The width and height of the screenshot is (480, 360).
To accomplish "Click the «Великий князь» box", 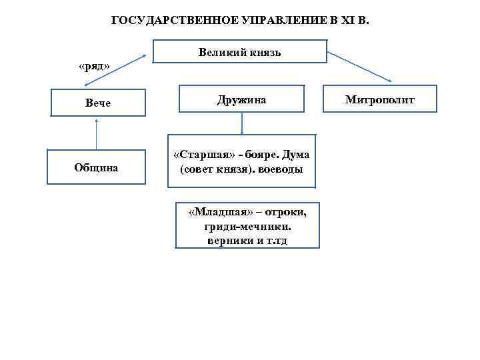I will pos(240,52).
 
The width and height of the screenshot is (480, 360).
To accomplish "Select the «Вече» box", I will pos(97,103).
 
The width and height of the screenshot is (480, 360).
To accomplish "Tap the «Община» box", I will pos(97,167).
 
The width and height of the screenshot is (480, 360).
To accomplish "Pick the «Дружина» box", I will pos(241,100).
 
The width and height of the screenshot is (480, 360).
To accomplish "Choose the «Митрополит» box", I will pos(379,100).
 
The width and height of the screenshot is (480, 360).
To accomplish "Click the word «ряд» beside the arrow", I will pos(94,67).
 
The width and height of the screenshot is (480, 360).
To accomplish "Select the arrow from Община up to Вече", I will pos(97,133).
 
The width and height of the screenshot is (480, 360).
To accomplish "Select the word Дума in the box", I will pos(295,155).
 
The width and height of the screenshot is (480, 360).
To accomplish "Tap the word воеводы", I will pos(280,169).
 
